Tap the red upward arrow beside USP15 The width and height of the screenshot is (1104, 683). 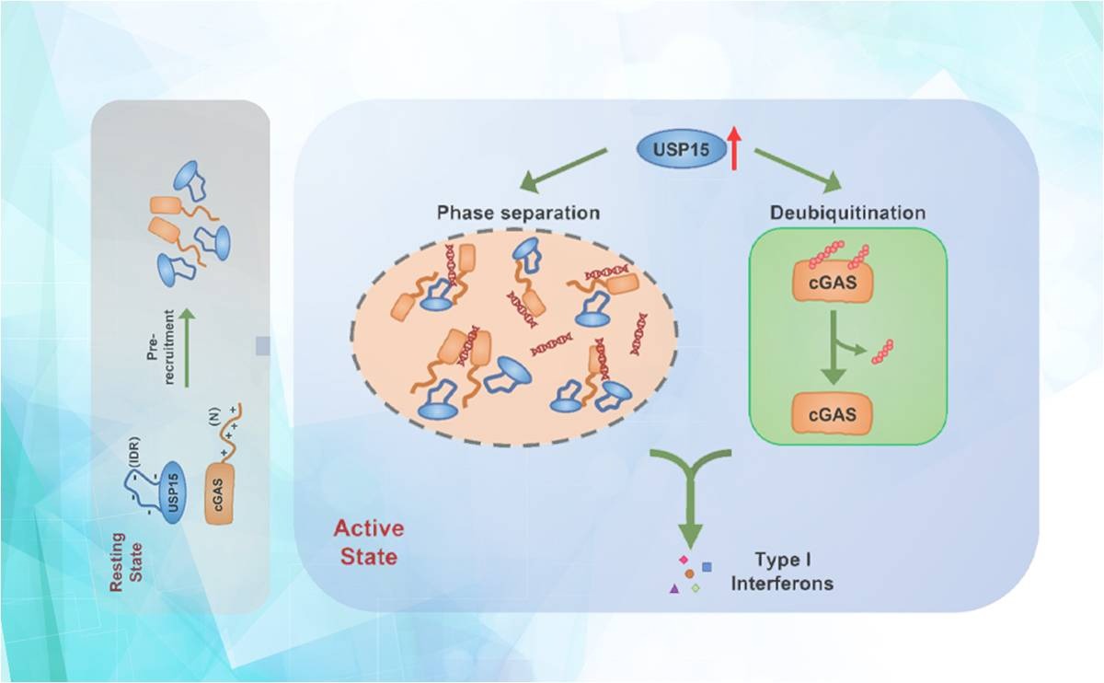[734, 149]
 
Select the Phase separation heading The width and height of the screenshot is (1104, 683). [517, 214]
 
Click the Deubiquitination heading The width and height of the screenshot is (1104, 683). [847, 214]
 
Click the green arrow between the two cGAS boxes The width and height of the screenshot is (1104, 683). [833, 350]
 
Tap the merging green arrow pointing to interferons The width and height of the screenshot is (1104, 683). [692, 497]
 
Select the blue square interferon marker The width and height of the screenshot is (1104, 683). [707, 566]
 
